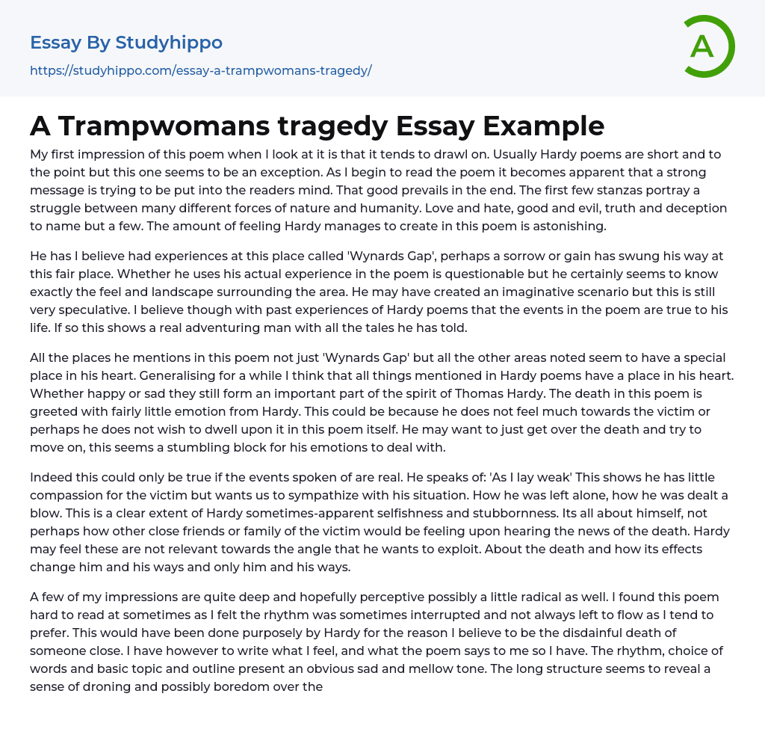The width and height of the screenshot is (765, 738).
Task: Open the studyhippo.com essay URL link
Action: tap(200, 71)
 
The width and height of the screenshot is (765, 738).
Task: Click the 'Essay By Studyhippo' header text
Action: tap(126, 43)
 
